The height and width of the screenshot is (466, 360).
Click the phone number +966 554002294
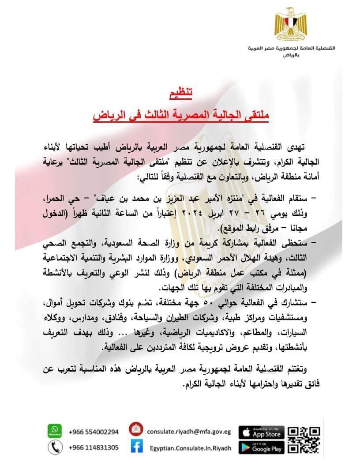pyautogui.click(x=94, y=432)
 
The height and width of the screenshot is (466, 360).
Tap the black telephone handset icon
pyautogui.click(x=55, y=447)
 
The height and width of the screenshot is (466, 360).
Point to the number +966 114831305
pyautogui.click(x=94, y=447)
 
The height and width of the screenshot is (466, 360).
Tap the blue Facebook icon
pyautogui.click(x=136, y=447)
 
